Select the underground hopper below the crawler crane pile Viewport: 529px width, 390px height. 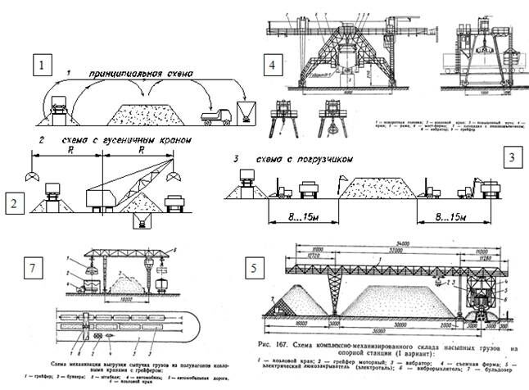[x=144, y=221]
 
